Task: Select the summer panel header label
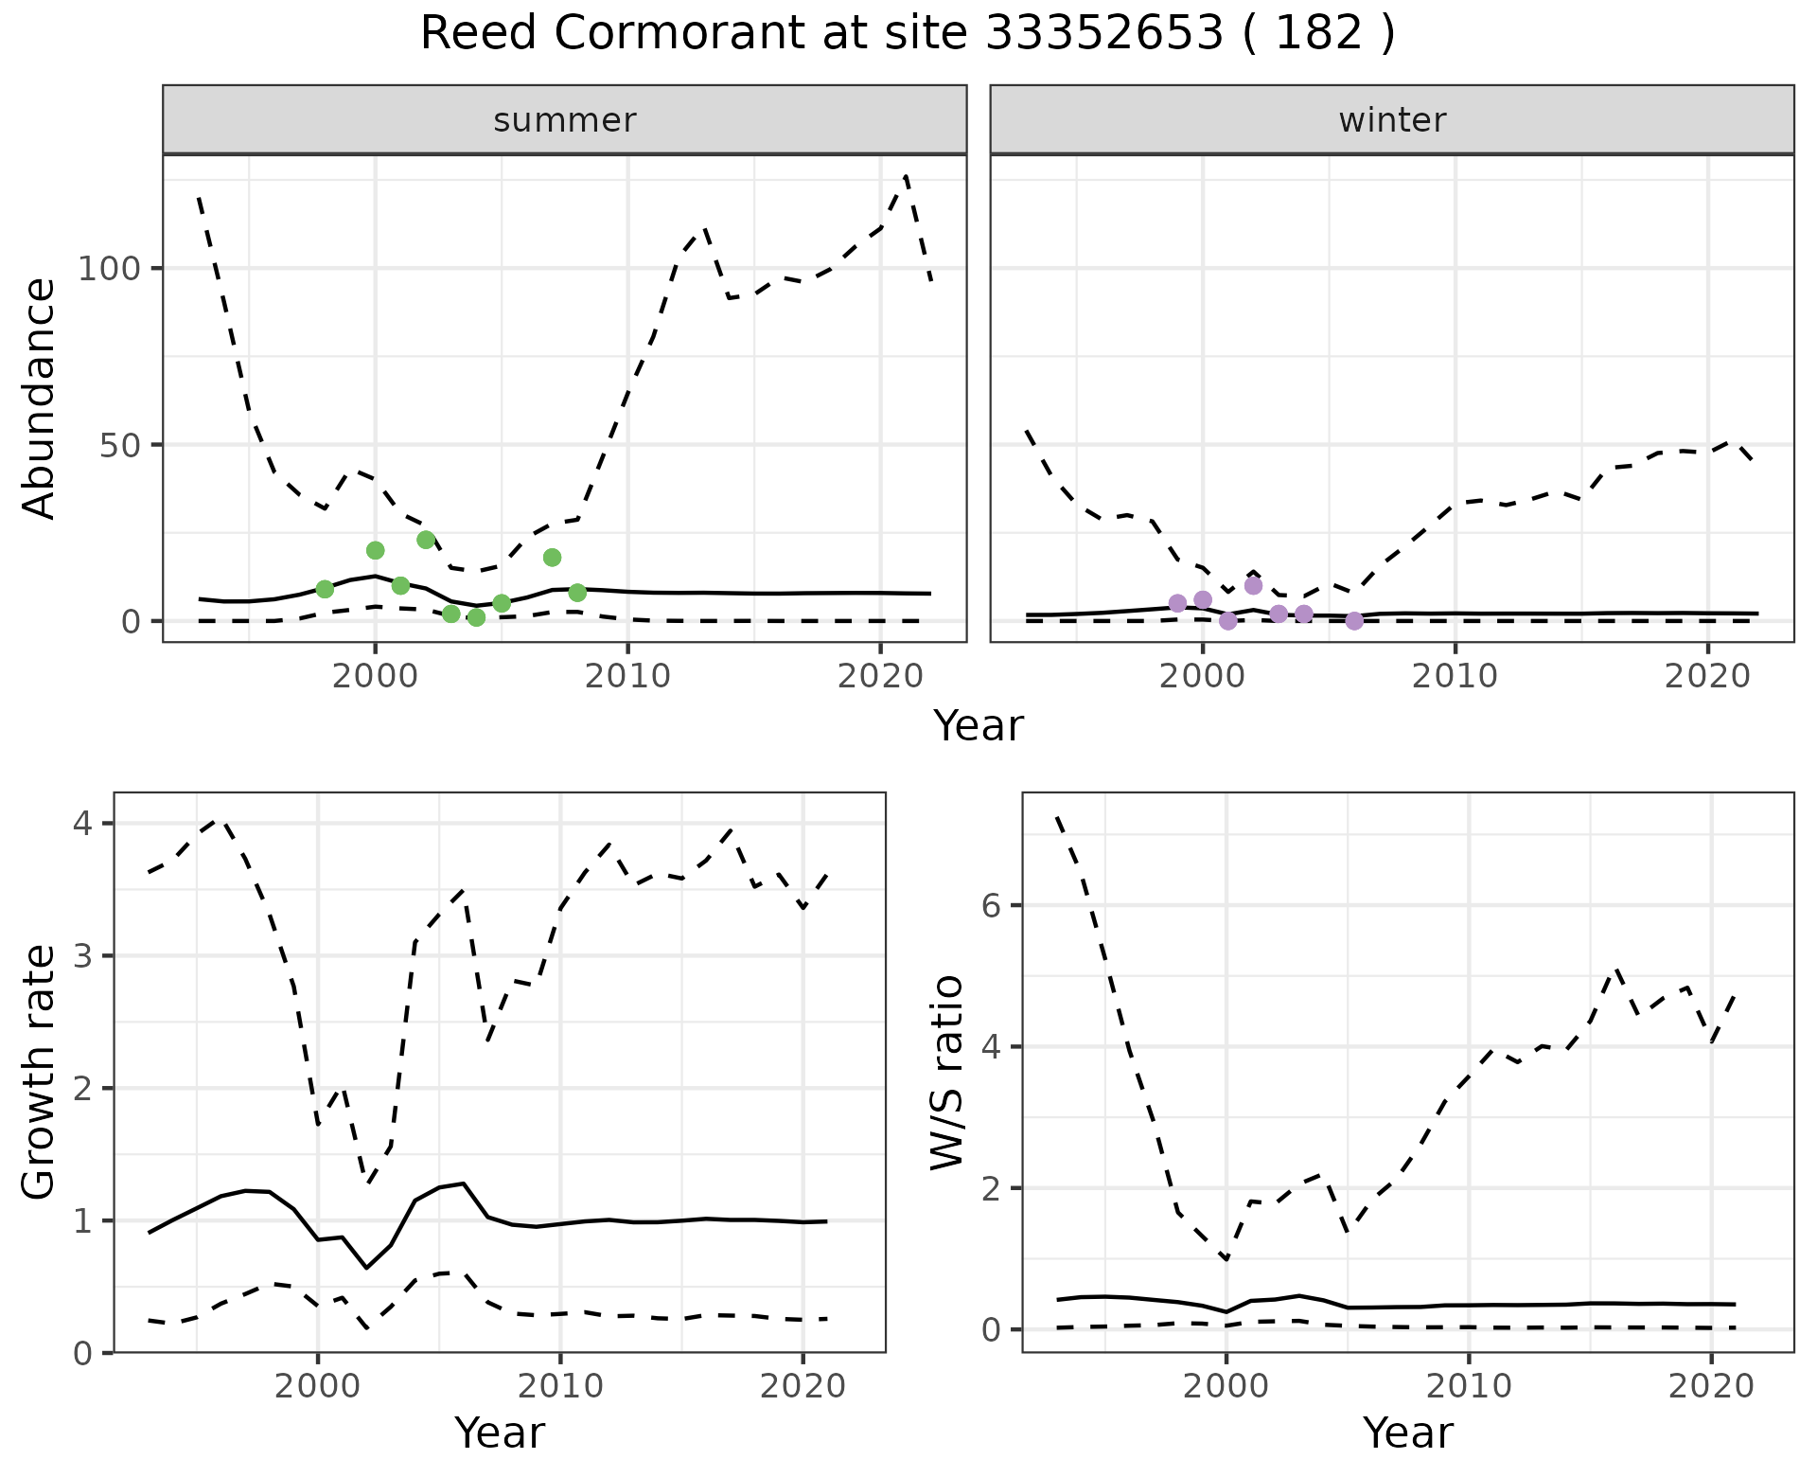565,120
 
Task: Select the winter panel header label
1392,120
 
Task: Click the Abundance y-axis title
40,399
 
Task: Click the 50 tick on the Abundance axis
121,445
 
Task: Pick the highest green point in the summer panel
426,540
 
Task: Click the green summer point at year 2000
376,550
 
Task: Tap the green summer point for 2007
553,558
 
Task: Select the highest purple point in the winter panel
1254,585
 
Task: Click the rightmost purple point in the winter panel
1355,621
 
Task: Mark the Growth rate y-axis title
40,1073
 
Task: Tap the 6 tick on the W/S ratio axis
990,905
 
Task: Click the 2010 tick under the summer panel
628,676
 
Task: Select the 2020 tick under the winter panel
1708,676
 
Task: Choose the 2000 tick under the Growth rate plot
318,1387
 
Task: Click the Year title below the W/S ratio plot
1408,1433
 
